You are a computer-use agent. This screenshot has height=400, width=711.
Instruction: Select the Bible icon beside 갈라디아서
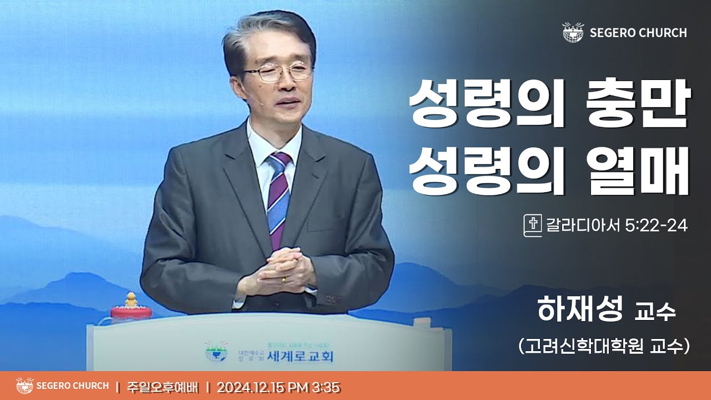532,226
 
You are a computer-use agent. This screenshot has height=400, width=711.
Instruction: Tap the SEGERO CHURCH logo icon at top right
573,32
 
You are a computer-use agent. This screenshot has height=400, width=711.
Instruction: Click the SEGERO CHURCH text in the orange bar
72,386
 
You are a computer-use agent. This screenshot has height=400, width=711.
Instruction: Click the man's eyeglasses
278,73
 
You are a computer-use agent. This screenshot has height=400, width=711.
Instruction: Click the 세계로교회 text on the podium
300,356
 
